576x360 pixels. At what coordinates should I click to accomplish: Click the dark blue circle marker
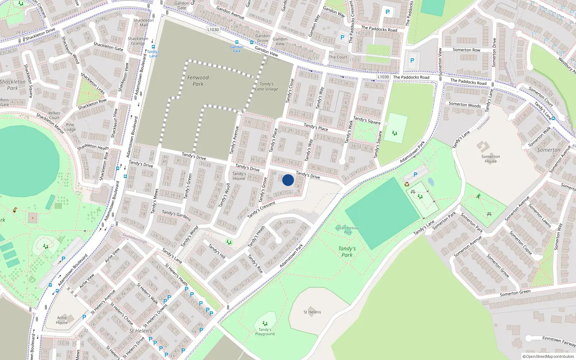point(288,180)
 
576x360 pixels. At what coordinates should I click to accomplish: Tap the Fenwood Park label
point(198,81)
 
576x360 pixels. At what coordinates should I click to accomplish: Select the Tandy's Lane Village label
point(266,86)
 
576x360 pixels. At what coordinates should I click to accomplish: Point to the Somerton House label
point(490,159)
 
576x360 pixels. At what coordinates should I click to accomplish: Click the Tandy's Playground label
point(265,332)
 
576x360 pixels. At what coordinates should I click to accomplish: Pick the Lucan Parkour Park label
point(347,230)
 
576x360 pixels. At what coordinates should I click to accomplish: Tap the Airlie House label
point(62,320)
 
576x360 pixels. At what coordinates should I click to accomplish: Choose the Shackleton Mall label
point(143,22)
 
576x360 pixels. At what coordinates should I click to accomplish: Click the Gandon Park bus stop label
point(237,49)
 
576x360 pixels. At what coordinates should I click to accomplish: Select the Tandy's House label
point(239,176)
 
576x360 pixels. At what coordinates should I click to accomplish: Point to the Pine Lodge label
point(70,127)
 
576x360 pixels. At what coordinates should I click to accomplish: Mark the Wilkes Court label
point(54,115)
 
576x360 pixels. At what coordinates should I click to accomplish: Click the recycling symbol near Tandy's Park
point(407,184)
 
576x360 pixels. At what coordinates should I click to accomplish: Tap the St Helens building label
point(312,312)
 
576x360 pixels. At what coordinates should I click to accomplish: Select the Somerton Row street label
point(466,50)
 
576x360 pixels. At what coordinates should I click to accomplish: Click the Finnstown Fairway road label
point(559,341)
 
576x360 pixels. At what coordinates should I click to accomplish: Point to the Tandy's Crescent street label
point(261,210)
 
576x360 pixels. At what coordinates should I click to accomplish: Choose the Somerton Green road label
point(515,293)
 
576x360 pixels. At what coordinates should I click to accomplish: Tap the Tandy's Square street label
point(367,120)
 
